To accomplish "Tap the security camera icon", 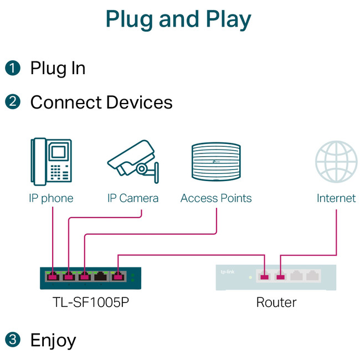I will (x=132, y=162).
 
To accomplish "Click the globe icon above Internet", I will (x=336, y=162).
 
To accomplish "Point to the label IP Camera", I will (x=133, y=198).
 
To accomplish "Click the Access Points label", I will (x=216, y=198).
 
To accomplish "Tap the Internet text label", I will (x=336, y=198).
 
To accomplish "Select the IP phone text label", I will (x=51, y=198).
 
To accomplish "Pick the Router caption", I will (x=276, y=302).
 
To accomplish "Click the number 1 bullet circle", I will (x=12, y=69).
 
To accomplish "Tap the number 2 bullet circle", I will (x=12, y=102).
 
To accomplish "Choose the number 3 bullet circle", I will (x=12, y=339).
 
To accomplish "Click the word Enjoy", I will (x=53, y=340).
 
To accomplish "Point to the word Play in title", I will (x=226, y=19).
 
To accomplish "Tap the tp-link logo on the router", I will (x=227, y=271).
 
